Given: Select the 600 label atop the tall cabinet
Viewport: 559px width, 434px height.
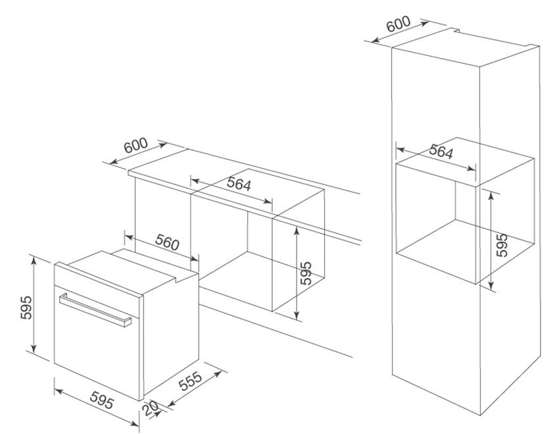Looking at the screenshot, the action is pyautogui.click(x=399, y=24).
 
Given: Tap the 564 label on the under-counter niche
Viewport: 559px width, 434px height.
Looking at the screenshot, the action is pyautogui.click(x=239, y=184).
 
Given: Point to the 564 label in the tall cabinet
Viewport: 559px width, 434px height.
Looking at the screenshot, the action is pyautogui.click(x=441, y=151).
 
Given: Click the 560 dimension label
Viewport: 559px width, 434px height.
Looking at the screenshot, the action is pyautogui.click(x=167, y=243).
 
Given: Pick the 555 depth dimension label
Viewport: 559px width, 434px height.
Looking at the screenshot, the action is pyautogui.click(x=190, y=381).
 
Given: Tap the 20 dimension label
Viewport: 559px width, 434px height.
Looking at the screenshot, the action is pyautogui.click(x=151, y=408).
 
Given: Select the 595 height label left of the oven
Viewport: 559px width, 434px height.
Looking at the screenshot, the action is pyautogui.click(x=26, y=308).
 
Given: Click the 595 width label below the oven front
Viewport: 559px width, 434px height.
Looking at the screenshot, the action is pyautogui.click(x=102, y=400).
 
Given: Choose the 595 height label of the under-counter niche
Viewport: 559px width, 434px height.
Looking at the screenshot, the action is pyautogui.click(x=306, y=273).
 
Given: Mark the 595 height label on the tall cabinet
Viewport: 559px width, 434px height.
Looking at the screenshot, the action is pyautogui.click(x=502, y=245).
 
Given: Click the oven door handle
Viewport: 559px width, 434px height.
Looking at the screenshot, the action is pyautogui.click(x=95, y=310).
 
